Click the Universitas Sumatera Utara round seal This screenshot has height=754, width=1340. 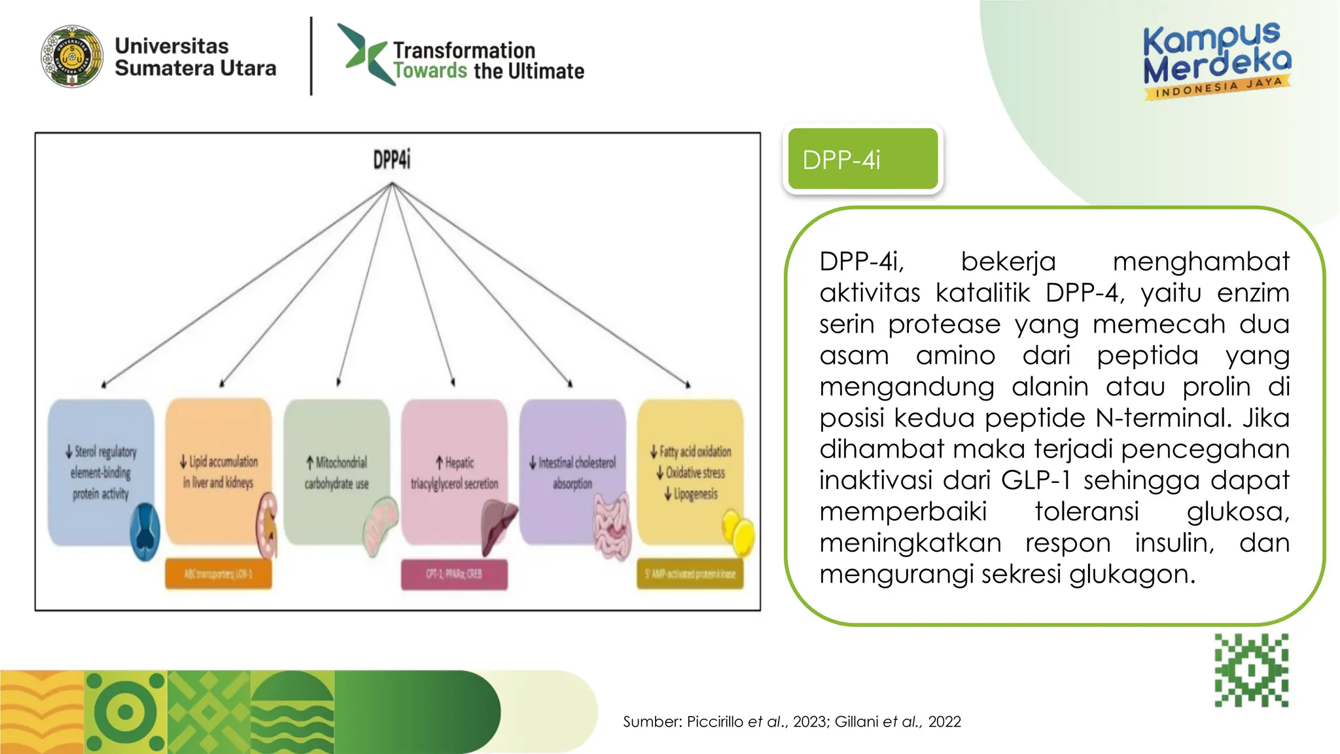click(x=72, y=57)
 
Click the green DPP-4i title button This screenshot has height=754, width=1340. click(x=862, y=159)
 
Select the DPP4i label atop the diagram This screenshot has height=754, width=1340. click(x=392, y=160)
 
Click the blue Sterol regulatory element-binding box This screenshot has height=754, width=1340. click(x=101, y=471)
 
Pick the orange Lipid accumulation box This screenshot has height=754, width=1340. click(x=219, y=471)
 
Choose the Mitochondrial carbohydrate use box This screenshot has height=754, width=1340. click(x=336, y=471)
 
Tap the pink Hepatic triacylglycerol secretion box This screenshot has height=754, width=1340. click(x=454, y=471)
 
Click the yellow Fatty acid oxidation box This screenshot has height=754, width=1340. click(x=690, y=471)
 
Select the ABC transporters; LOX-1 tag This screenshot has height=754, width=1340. click(x=219, y=574)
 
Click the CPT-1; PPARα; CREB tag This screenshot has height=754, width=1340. click(x=454, y=574)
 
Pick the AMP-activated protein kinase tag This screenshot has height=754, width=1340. click(x=690, y=574)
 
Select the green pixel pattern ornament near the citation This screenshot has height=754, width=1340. click(x=1251, y=670)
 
